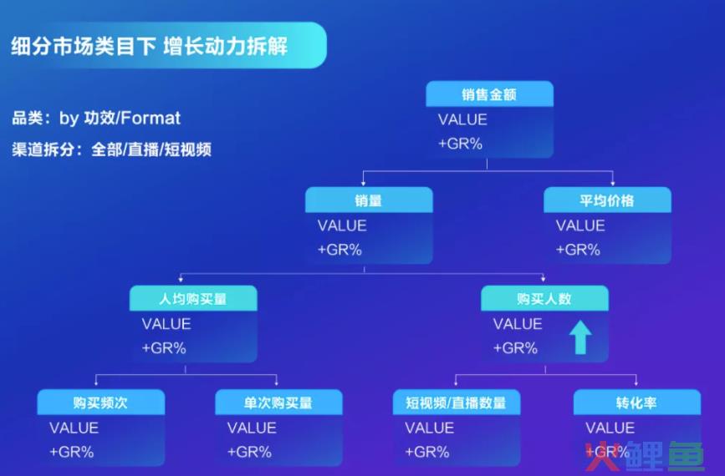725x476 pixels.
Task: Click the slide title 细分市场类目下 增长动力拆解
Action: pyautogui.click(x=149, y=46)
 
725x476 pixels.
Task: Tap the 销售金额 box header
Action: pyautogui.click(x=489, y=94)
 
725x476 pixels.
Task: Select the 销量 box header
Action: pyautogui.click(x=369, y=200)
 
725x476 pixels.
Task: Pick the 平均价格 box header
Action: pyautogui.click(x=607, y=200)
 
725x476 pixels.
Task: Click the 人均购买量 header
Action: pyautogui.click(x=193, y=298)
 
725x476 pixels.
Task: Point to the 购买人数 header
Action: pyautogui.click(x=544, y=298)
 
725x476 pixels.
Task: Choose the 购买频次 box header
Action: pyautogui.click(x=101, y=403)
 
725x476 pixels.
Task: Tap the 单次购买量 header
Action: pyautogui.click(x=278, y=403)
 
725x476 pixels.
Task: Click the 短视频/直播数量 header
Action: pyautogui.click(x=457, y=403)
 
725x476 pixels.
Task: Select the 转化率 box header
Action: pyautogui.click(x=637, y=403)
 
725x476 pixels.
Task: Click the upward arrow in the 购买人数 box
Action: pyautogui.click(x=580, y=337)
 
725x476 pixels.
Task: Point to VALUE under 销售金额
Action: pyautogui.click(x=462, y=119)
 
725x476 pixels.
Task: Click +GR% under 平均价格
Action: pyautogui.click(x=578, y=250)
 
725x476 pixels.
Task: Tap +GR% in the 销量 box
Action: pyautogui.click(x=340, y=250)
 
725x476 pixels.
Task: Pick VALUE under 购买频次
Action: pyautogui.click(x=74, y=428)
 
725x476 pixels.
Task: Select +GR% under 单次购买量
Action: pyautogui.click(x=249, y=452)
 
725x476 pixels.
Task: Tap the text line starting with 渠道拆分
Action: pyautogui.click(x=111, y=149)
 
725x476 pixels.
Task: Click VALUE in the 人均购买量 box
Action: pyautogui.click(x=166, y=324)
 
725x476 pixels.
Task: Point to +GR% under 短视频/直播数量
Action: pyautogui.click(x=427, y=452)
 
